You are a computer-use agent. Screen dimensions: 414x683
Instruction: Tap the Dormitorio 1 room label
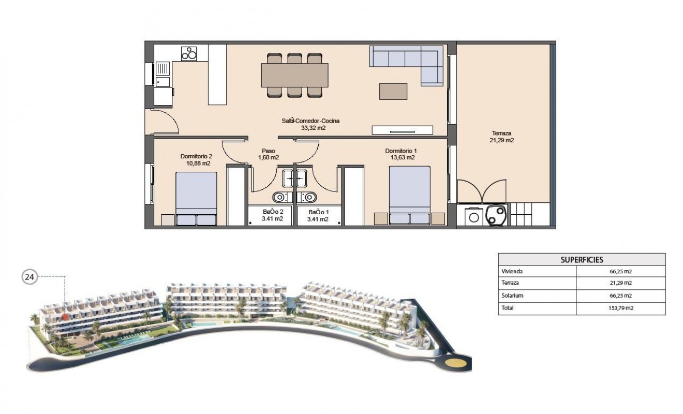click(x=400, y=154)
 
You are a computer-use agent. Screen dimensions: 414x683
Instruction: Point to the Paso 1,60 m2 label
click(x=268, y=154)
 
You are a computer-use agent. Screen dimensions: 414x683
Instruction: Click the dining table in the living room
click(x=294, y=75)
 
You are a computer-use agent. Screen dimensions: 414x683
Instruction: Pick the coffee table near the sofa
click(x=393, y=91)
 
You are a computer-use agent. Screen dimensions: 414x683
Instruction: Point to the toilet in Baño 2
click(x=279, y=197)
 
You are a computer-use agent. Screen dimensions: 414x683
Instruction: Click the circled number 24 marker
click(x=29, y=277)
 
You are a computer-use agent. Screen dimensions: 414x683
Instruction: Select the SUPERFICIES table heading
click(x=582, y=260)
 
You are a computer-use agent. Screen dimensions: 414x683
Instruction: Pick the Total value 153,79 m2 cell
click(x=620, y=308)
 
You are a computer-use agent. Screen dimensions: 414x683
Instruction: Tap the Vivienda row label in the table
click(x=512, y=271)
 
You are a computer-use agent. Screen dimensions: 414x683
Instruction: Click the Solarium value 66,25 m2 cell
click(x=620, y=296)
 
